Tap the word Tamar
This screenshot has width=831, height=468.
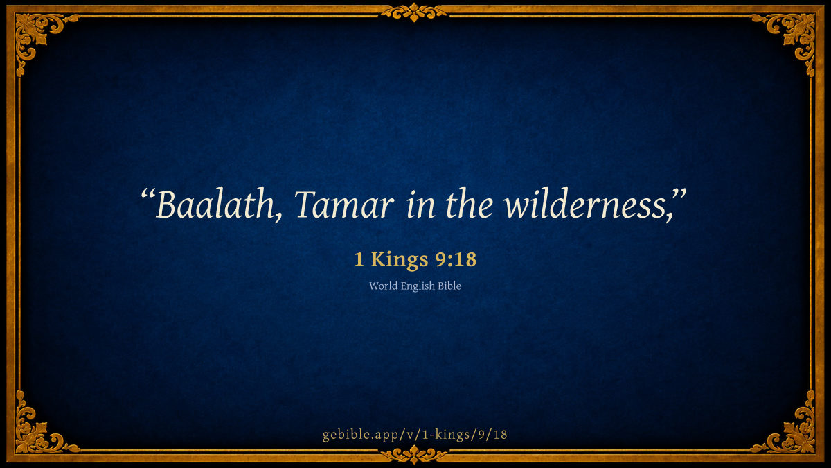[x=344, y=205]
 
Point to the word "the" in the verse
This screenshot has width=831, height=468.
[x=469, y=205]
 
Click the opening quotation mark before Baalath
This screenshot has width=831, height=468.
[x=148, y=194]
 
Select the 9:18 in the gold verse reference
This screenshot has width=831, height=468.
[x=456, y=259]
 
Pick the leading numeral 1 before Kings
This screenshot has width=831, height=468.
[x=359, y=259]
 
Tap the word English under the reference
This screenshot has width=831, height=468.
[x=418, y=286]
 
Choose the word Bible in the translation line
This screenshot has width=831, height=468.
[x=449, y=286]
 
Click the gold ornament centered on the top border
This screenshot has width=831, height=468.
[x=414, y=12]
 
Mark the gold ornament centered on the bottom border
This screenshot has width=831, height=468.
[x=414, y=455]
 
